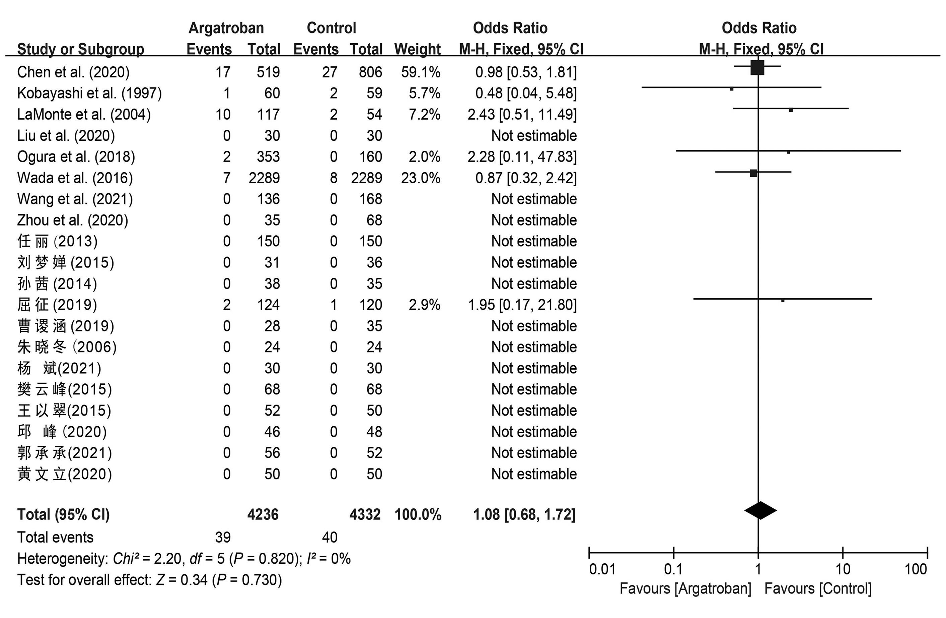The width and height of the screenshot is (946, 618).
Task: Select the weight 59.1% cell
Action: click(421, 72)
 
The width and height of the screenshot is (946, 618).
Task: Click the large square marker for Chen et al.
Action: click(757, 68)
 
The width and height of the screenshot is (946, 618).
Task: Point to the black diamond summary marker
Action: click(760, 511)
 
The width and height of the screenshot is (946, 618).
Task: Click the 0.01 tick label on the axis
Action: click(602, 569)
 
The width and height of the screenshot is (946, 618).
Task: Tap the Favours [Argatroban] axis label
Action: click(685, 589)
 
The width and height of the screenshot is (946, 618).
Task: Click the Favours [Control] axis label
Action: click(818, 589)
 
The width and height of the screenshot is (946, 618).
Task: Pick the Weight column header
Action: click(417, 49)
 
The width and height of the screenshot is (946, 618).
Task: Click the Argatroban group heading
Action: click(226, 28)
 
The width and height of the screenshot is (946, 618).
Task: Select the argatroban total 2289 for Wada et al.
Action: click(264, 178)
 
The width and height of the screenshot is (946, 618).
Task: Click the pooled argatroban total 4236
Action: click(263, 514)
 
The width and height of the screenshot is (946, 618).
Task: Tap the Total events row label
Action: click(55, 537)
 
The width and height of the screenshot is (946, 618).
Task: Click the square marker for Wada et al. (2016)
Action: click(753, 173)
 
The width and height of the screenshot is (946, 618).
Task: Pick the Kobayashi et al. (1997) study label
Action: click(89, 93)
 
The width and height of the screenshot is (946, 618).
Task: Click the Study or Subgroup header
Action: click(81, 49)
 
